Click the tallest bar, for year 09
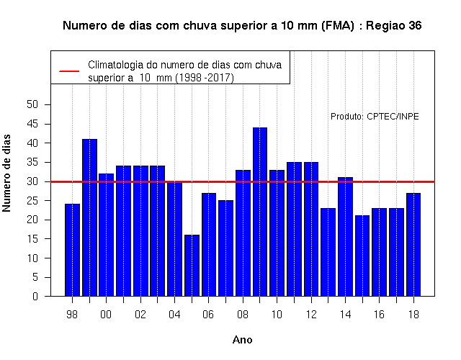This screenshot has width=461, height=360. click(x=260, y=212)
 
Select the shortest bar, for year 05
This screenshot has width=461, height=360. click(x=192, y=266)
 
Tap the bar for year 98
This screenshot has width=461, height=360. click(x=72, y=250)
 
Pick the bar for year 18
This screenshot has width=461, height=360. click(x=413, y=245)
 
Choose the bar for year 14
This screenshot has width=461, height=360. click(x=345, y=237)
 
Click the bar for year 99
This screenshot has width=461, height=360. click(x=89, y=217)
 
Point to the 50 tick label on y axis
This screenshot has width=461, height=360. click(x=32, y=104)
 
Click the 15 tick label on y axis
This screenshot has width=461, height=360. click(x=32, y=239)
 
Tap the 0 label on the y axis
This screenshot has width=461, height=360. click(x=35, y=296)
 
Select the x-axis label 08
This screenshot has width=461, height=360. click(x=243, y=315)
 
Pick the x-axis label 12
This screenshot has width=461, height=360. click(x=311, y=315)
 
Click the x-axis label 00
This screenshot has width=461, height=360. click(x=106, y=315)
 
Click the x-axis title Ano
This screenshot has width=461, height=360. click(x=243, y=340)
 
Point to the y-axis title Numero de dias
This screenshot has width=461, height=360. click(x=6, y=173)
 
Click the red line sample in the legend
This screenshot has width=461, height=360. click(x=69, y=71)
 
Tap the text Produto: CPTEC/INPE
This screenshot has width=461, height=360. click(x=375, y=117)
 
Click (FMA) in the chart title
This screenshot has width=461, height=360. click(x=338, y=26)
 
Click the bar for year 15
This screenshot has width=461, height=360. click(x=362, y=256)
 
